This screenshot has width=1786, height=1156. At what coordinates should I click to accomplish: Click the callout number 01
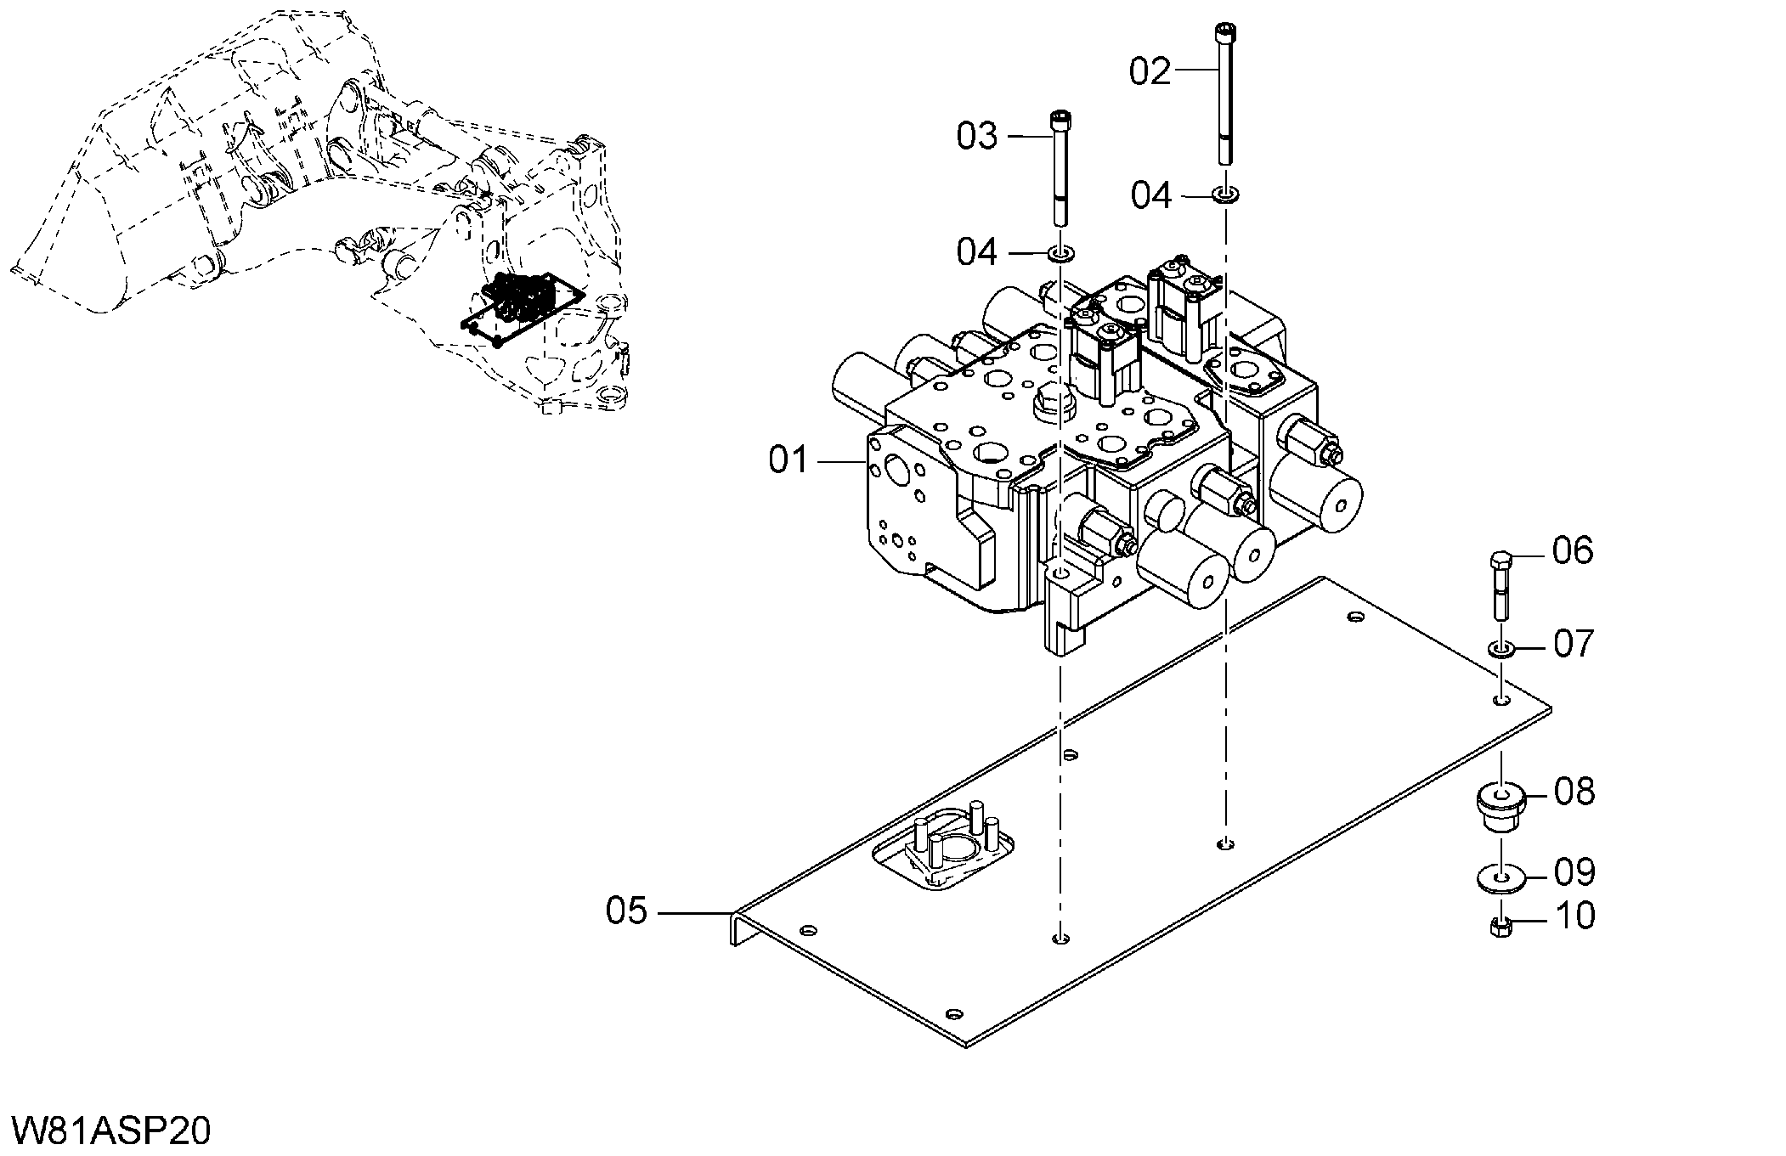point(789,460)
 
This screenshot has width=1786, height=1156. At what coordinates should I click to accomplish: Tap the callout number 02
point(1150,71)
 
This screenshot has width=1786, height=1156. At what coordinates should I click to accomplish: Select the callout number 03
point(977,136)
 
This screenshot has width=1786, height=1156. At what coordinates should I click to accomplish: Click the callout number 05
point(627,911)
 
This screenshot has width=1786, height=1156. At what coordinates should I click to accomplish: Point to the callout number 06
point(1573,551)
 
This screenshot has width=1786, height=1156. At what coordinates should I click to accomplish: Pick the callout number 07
point(1574,644)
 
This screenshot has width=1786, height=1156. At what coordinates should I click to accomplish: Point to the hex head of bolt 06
point(1501,561)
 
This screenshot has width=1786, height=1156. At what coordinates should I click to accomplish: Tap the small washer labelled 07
point(1501,650)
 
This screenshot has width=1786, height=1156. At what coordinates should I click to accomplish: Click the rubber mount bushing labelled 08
point(1501,809)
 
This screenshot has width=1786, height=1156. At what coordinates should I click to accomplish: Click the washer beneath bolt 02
point(1224,196)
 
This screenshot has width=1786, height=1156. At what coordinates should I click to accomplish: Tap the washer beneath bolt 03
point(1060,253)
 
